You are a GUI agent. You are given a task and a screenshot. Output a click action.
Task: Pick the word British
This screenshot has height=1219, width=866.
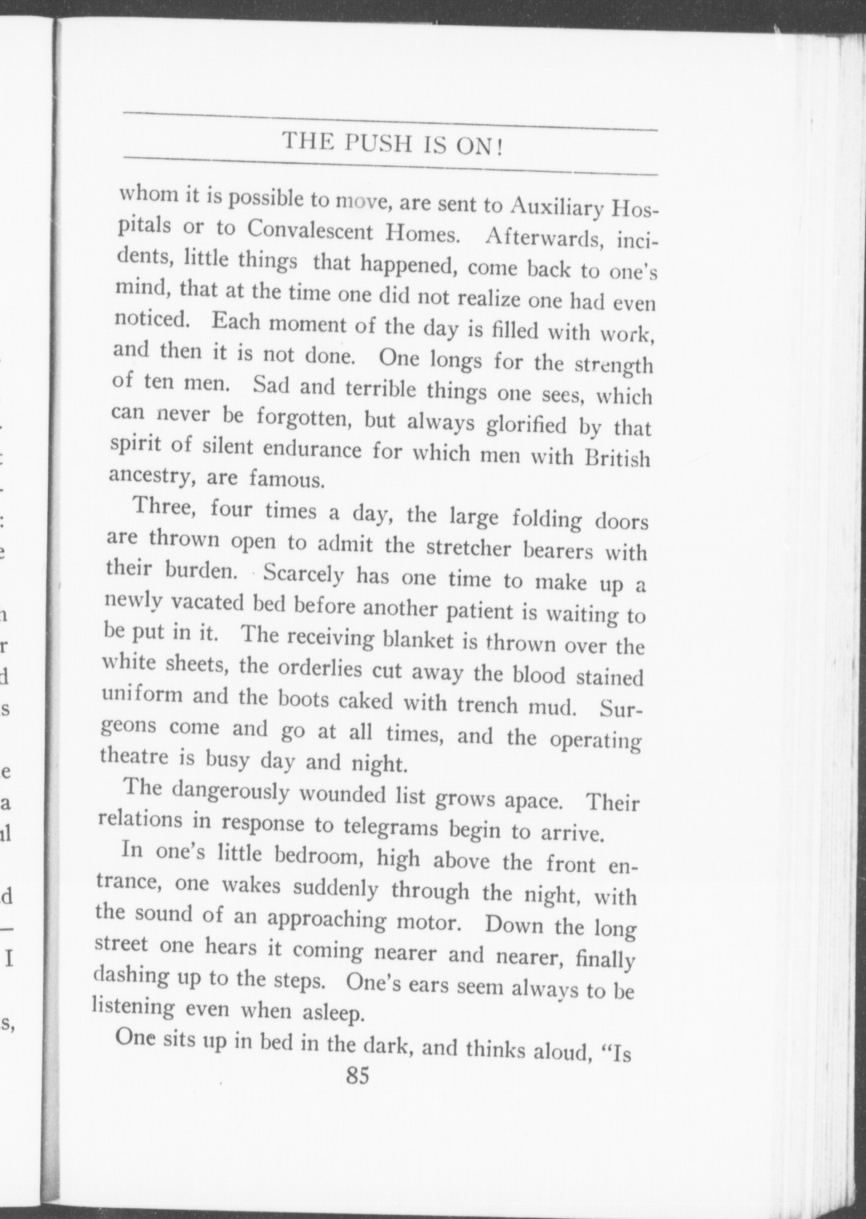coord(618,458)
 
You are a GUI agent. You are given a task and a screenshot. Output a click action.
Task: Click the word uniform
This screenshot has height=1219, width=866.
coord(142,695)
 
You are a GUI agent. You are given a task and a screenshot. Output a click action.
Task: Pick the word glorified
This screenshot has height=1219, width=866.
coord(526,425)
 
